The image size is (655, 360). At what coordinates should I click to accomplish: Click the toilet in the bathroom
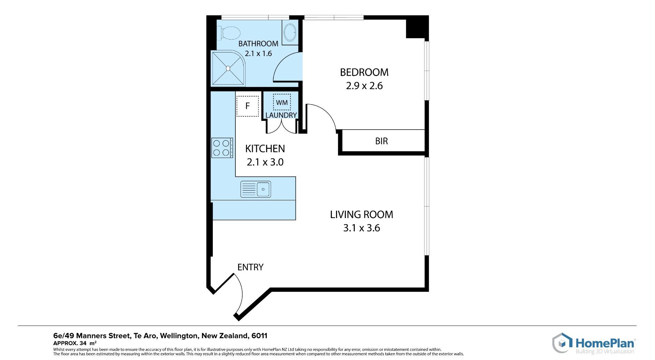(x=229, y=33)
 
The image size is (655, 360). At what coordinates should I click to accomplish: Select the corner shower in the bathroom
(x=228, y=68)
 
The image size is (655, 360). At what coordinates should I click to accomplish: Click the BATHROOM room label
(x=258, y=44)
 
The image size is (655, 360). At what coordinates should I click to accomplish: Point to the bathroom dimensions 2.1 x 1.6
(x=258, y=54)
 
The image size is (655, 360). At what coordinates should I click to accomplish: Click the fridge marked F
(x=247, y=106)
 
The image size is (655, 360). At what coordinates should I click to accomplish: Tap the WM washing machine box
(x=282, y=102)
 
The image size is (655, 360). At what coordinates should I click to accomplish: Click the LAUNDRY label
(x=281, y=115)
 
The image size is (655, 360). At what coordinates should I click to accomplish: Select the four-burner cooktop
(x=222, y=148)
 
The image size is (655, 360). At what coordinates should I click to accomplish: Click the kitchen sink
(x=256, y=189)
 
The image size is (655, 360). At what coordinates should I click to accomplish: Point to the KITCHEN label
(x=265, y=149)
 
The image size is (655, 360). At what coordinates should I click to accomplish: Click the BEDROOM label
(x=364, y=72)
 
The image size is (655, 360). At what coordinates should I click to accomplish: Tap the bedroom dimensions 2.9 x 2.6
(x=364, y=86)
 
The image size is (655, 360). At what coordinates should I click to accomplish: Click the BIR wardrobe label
(x=381, y=141)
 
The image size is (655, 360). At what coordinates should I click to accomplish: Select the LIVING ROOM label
(x=362, y=215)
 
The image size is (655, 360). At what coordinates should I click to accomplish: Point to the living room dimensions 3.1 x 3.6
(x=362, y=228)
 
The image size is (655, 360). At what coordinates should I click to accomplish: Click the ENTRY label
(x=250, y=267)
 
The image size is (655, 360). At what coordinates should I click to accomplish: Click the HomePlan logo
(x=594, y=343)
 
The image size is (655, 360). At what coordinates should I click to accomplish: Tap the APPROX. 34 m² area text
(x=75, y=343)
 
